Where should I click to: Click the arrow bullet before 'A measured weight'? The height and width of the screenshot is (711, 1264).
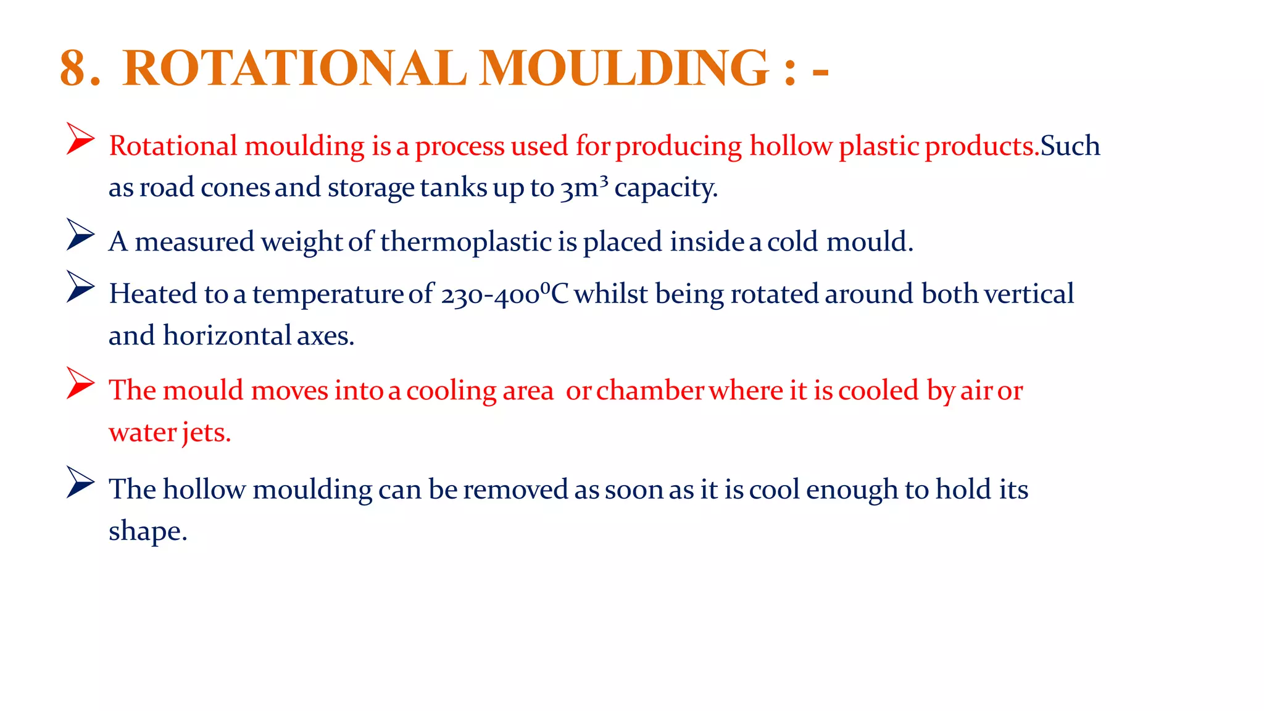(x=80, y=235)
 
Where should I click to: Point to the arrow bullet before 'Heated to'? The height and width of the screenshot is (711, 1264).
(x=80, y=287)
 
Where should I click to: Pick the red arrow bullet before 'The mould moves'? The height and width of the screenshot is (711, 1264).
(x=80, y=383)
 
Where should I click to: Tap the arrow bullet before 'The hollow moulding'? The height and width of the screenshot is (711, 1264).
(x=80, y=482)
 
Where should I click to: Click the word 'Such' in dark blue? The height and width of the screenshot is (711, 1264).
(x=1070, y=146)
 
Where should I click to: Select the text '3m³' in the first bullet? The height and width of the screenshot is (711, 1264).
(x=584, y=187)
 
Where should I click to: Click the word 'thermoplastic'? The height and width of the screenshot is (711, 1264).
(x=465, y=241)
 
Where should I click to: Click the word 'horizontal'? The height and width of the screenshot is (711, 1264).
(x=227, y=336)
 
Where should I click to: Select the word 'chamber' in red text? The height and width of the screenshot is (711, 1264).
(x=650, y=391)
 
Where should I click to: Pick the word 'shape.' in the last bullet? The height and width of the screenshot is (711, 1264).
(x=148, y=531)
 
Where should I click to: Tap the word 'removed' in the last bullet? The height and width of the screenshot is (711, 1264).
(x=515, y=489)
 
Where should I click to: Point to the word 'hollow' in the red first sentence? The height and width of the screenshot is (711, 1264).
(x=791, y=146)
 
